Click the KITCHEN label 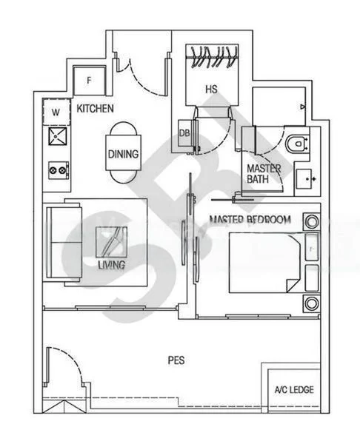pos(95,109)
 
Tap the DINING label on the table pos(123,155)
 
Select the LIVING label pos(110,264)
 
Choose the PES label pos(176,361)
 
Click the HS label pos(211,90)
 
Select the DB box pos(184,134)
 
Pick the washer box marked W pos(56,112)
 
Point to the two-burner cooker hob pos(56,169)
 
